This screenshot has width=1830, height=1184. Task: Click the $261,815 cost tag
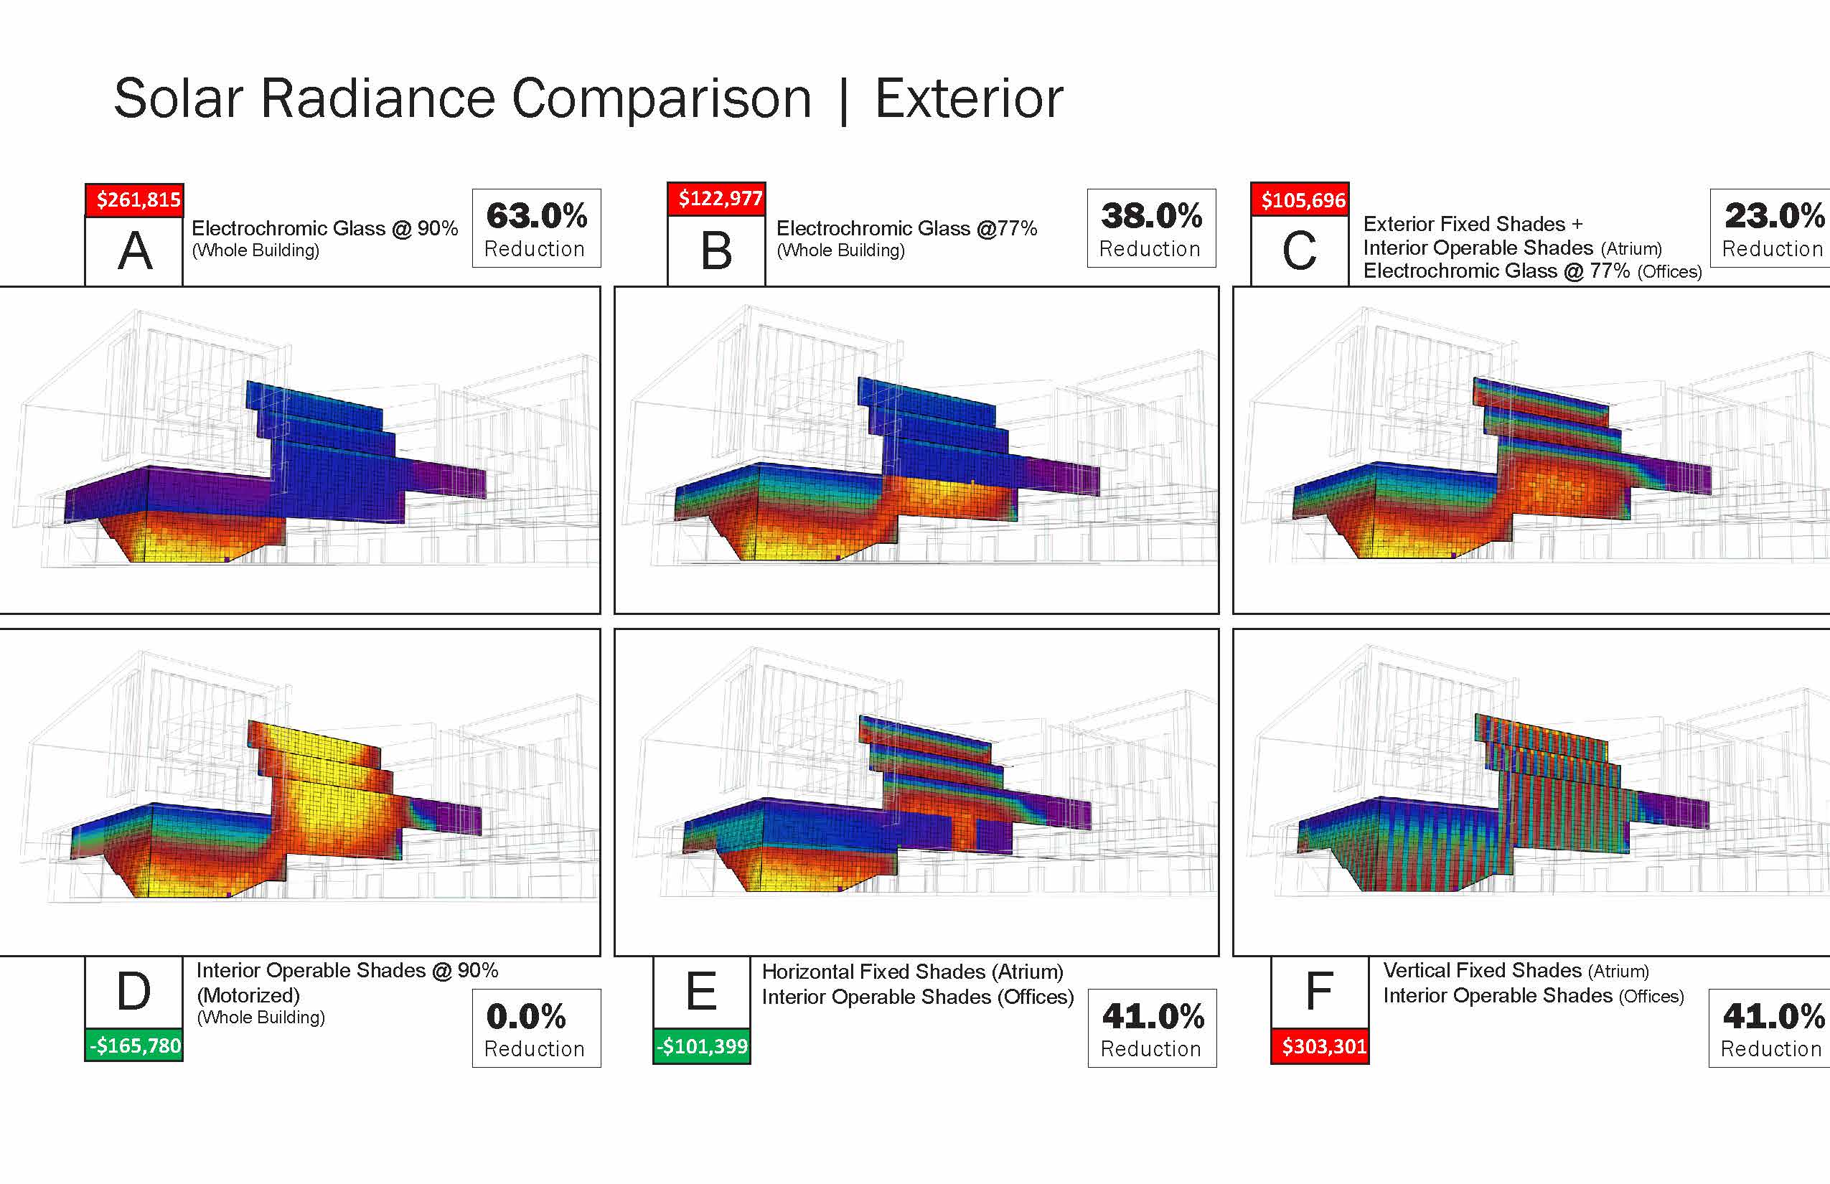pyautogui.click(x=135, y=200)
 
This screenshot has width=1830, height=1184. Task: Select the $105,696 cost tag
pyautogui.click(x=1300, y=200)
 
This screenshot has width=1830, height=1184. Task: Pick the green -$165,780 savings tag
pyautogui.click(x=135, y=1045)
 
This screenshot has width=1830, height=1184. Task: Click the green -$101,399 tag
pyautogui.click(x=702, y=1046)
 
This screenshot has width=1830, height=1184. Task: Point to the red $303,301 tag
pyautogui.click(x=1320, y=1046)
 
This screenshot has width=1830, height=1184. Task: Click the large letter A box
pyautogui.click(x=135, y=251)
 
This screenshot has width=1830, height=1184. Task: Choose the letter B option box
pyautogui.click(x=717, y=251)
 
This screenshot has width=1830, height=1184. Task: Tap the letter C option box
pyautogui.click(x=1300, y=251)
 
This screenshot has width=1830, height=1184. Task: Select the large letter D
pyautogui.click(x=135, y=991)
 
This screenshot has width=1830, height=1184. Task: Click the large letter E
pyautogui.click(x=701, y=992)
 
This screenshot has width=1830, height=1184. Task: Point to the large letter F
pyautogui.click(x=1320, y=992)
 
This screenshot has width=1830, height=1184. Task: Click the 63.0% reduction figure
pyautogui.click(x=537, y=216)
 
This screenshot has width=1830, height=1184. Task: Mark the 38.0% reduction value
pyautogui.click(x=1152, y=216)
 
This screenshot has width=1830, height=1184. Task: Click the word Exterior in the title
pyautogui.click(x=969, y=98)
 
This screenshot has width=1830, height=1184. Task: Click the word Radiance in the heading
pyautogui.click(x=378, y=98)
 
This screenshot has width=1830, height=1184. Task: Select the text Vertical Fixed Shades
pyautogui.click(x=1482, y=970)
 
